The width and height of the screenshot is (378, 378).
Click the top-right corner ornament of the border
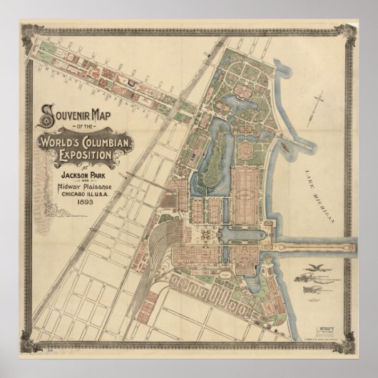pyautogui.click(x=347, y=31)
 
